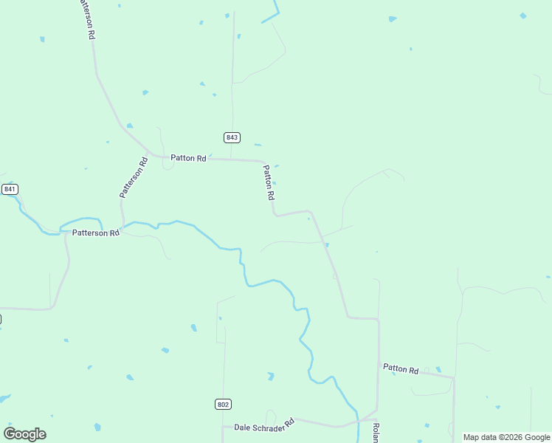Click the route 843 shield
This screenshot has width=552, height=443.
tap(232, 137)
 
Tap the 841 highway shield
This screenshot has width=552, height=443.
tap(10, 189)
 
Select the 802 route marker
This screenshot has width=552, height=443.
tap(224, 404)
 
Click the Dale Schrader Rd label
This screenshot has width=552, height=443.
tap(264, 425)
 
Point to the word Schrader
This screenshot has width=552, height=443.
tap(275, 425)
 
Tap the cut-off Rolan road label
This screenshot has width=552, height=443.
tap(375, 433)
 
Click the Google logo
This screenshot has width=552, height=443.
tap(25, 434)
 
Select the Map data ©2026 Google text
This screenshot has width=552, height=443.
tap(506, 437)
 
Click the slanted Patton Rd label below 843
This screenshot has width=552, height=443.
tap(269, 182)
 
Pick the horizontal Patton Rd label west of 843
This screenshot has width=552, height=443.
tap(188, 157)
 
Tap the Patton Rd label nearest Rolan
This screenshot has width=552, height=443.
tap(401, 368)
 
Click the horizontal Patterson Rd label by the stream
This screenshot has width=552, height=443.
tap(95, 233)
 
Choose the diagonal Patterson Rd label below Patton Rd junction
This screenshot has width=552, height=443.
tap(134, 177)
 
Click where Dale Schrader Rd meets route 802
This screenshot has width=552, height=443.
tap(224, 426)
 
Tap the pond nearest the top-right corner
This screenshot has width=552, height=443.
tap(523, 16)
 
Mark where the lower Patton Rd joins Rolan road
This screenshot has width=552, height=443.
tap(379, 364)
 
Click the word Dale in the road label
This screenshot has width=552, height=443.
tap(243, 427)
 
